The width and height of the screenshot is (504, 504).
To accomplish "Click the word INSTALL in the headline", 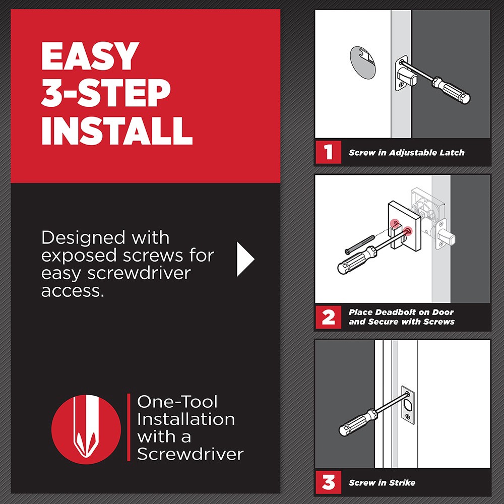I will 116,130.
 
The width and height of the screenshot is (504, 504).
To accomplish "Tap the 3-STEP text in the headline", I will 105,93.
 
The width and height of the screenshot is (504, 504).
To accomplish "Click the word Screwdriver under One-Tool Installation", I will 190,454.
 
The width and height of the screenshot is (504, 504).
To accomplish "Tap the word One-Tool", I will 177,402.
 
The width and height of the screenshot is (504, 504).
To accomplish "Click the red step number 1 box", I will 328,152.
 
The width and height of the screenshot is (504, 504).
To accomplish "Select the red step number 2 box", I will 328,317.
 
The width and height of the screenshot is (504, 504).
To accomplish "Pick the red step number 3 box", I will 328,482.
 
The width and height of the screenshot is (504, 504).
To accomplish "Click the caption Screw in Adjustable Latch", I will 406,152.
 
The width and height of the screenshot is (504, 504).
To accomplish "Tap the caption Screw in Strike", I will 382,483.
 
